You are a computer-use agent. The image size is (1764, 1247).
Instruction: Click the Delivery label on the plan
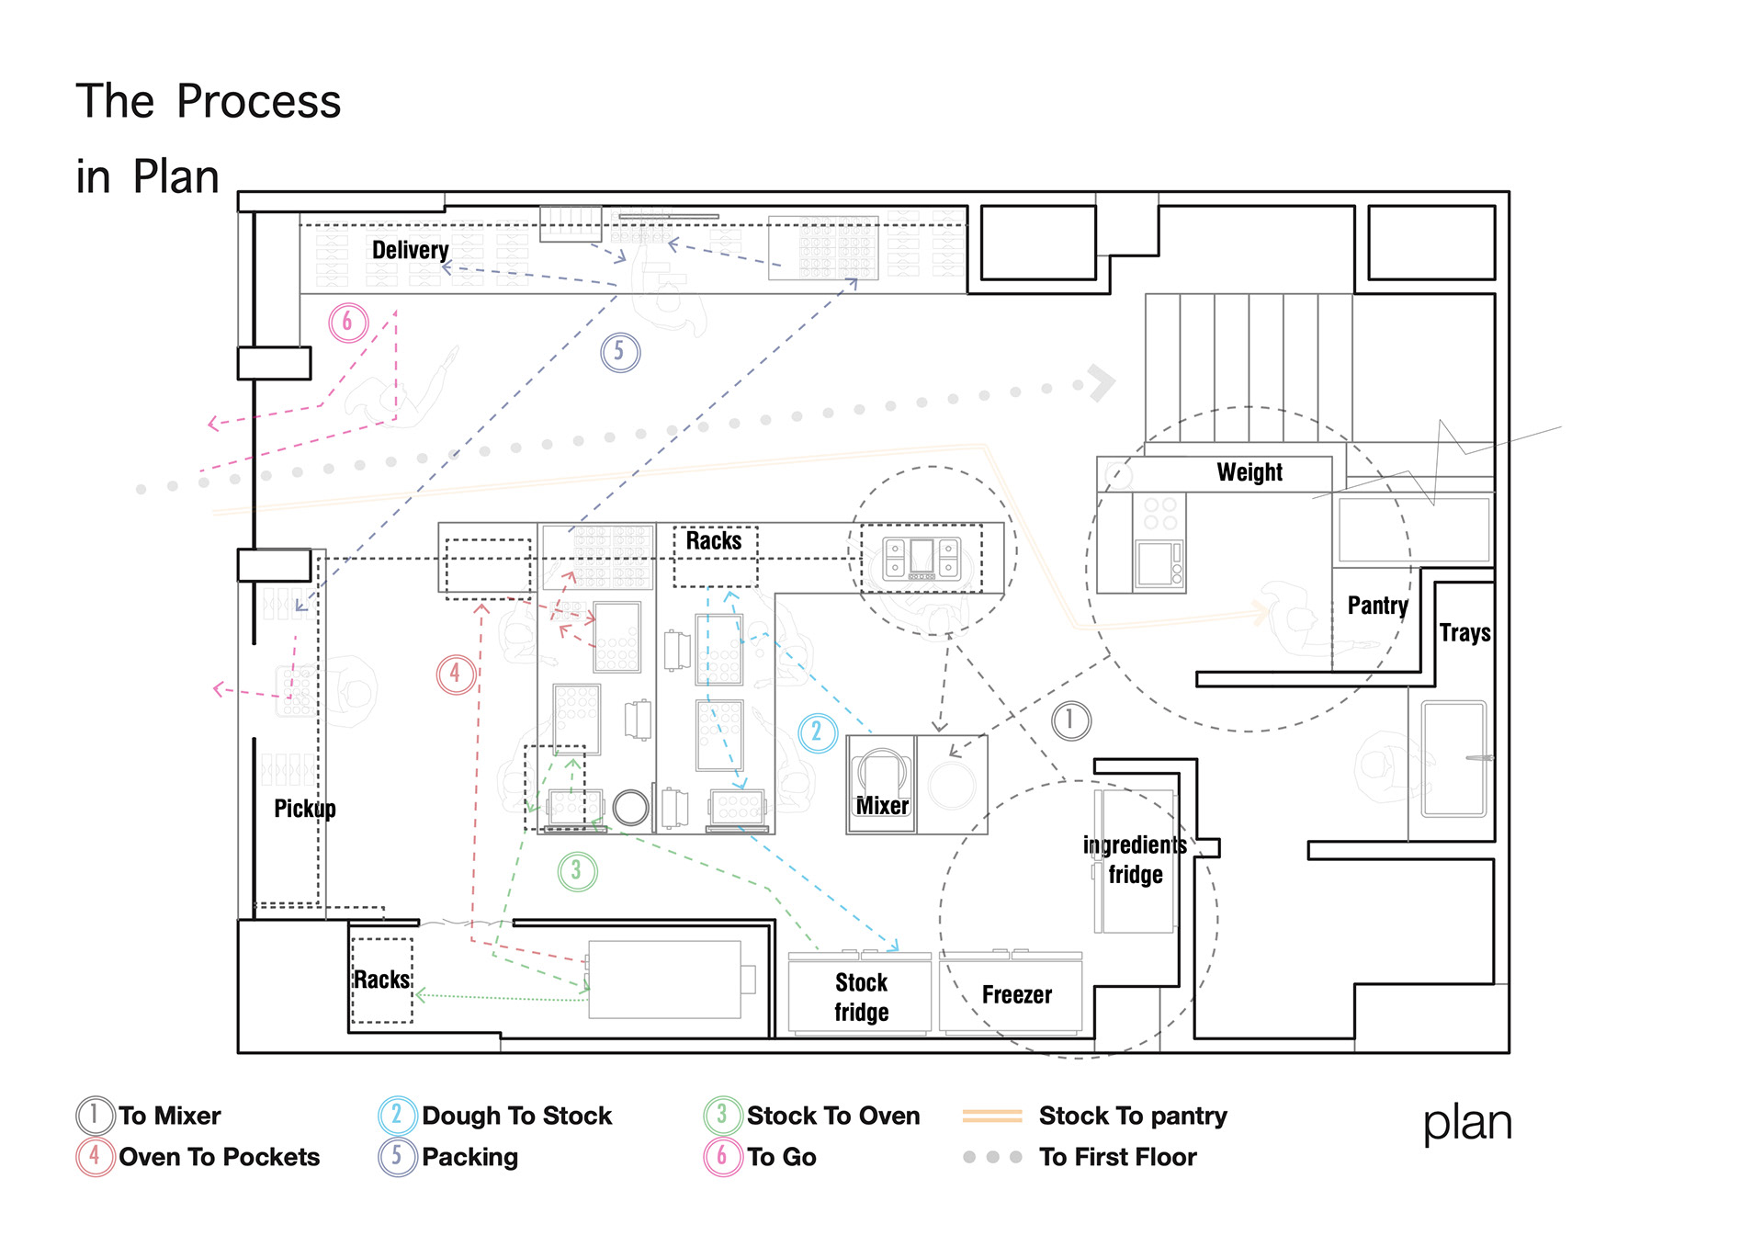410,250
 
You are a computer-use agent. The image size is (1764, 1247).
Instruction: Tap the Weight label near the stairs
1249,472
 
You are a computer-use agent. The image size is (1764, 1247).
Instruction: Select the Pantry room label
1377,606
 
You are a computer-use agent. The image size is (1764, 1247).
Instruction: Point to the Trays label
1464,633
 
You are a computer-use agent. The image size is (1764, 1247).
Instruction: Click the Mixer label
882,806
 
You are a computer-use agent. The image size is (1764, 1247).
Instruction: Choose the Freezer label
1016,995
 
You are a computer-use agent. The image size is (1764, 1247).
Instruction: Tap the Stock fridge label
861,997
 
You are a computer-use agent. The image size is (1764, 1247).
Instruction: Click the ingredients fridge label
1135,859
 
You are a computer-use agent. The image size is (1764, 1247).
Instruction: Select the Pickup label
305,809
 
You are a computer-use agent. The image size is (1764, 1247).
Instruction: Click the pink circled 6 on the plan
348,323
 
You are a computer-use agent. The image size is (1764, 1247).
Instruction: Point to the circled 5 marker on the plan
620,352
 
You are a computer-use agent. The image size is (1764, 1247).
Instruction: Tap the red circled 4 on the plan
456,675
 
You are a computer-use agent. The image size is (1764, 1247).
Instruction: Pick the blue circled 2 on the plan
817,733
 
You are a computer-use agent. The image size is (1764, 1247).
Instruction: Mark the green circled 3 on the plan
577,871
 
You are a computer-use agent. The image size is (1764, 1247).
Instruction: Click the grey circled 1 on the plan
1071,721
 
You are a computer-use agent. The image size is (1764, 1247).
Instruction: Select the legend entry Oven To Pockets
219,1157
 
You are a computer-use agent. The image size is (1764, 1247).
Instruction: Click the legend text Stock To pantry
1133,1116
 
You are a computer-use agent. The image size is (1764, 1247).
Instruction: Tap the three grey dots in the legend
992,1157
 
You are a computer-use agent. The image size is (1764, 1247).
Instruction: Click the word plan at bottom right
1467,1123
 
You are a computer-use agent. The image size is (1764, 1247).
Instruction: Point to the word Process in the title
258,101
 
